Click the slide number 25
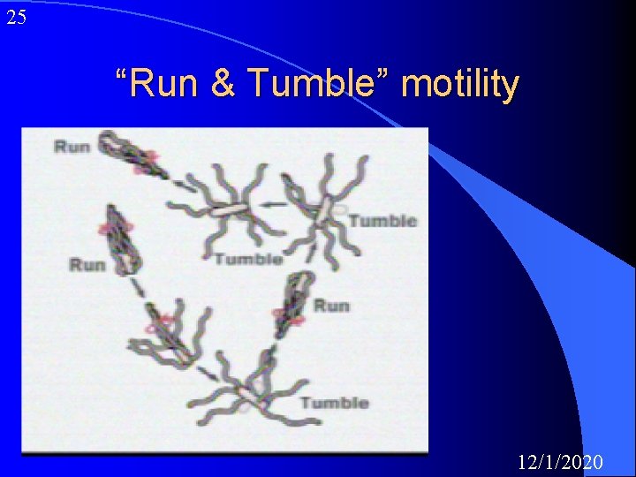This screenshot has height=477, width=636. (x=16, y=17)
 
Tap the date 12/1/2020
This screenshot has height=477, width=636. (x=561, y=461)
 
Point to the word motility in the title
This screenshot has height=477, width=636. (x=459, y=84)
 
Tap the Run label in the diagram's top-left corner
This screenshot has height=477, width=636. (x=72, y=146)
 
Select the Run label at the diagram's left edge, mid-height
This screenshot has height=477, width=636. (x=87, y=263)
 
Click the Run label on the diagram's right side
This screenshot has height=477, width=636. (x=332, y=305)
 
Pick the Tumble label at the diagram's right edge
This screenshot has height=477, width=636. (x=382, y=220)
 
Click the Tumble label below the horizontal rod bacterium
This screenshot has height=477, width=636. (x=247, y=258)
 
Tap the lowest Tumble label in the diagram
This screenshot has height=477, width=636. (x=334, y=403)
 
